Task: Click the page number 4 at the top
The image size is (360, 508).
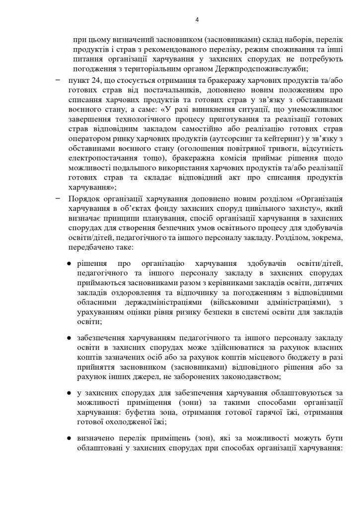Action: pyautogui.click(x=197, y=20)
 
